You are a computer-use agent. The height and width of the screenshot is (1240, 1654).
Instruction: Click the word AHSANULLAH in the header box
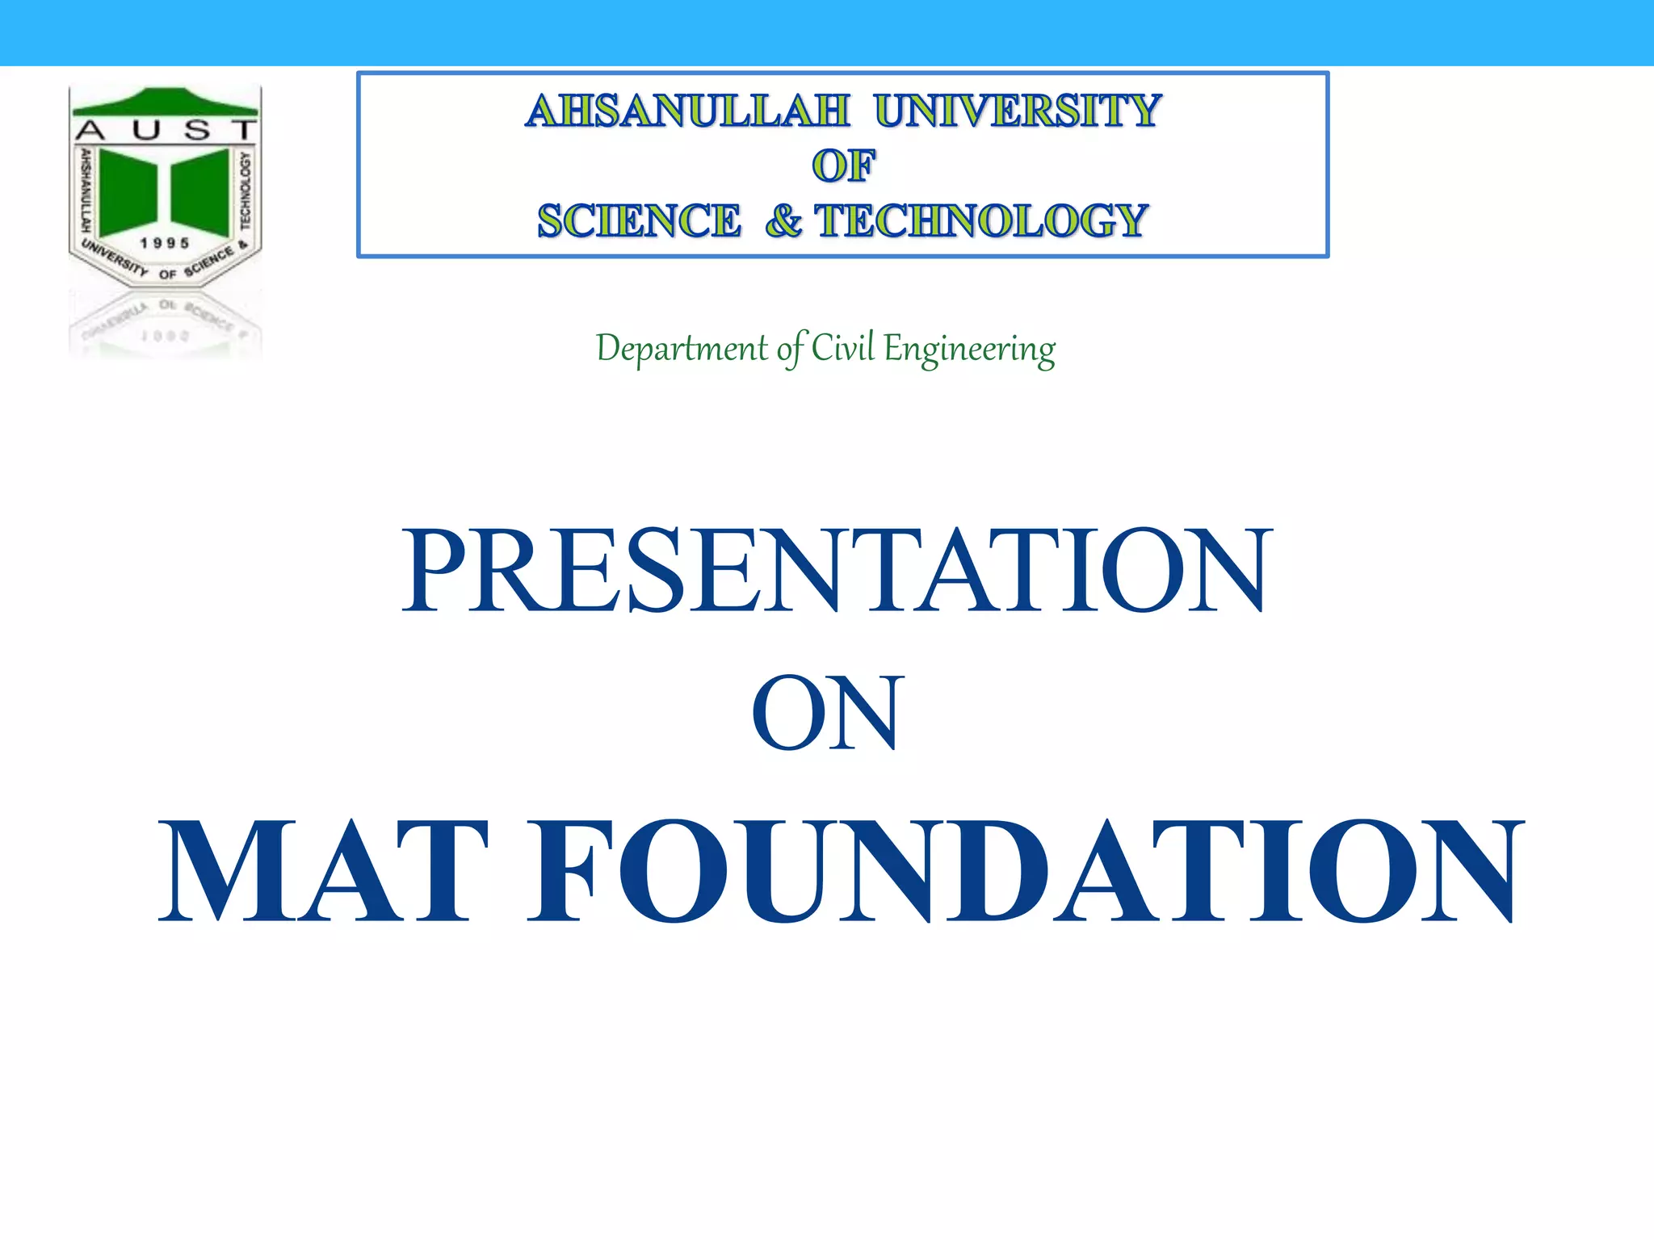(687, 111)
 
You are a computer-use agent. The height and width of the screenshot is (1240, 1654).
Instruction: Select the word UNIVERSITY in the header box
(1018, 111)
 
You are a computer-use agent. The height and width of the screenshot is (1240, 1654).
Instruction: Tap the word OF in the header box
(843, 166)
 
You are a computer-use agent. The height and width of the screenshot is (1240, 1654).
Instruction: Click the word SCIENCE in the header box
(639, 221)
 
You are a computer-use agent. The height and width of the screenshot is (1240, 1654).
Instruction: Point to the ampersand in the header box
(783, 221)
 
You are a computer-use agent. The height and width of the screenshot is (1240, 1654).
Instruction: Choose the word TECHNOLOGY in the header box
(981, 221)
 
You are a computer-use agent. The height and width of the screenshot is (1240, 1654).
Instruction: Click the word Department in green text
(682, 349)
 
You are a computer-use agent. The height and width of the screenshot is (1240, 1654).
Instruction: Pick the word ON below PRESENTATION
(825, 714)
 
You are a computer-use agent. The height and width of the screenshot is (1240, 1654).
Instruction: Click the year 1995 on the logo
(165, 243)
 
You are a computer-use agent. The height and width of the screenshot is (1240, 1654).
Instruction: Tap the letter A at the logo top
(90, 130)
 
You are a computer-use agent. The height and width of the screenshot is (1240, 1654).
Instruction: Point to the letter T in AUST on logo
(242, 130)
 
